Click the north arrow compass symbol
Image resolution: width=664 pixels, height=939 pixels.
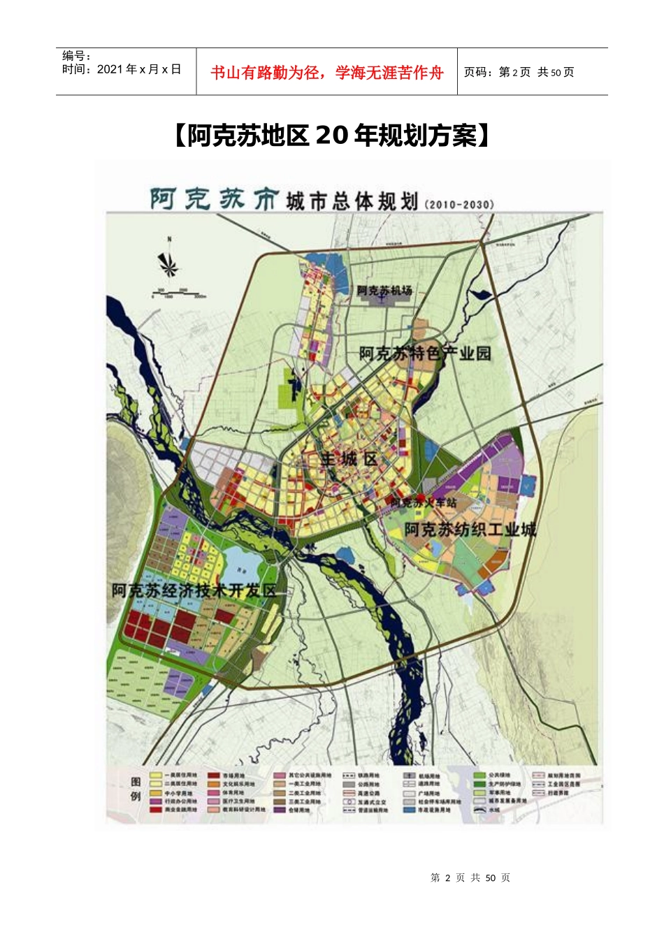[x=168, y=263]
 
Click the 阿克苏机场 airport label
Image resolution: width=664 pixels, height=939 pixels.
[x=384, y=290]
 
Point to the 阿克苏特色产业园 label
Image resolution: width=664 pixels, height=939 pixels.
[x=425, y=354]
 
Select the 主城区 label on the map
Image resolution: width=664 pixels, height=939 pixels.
[x=349, y=459]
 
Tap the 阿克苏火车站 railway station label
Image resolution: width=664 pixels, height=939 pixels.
[x=423, y=502]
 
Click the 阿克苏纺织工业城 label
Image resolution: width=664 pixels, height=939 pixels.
[x=470, y=530]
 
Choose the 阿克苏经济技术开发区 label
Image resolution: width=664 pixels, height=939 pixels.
[x=194, y=590]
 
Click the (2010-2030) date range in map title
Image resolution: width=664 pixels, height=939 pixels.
[x=459, y=205]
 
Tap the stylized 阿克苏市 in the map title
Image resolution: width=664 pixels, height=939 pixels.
[x=215, y=201]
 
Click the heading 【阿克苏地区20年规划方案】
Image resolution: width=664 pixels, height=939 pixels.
[x=331, y=136]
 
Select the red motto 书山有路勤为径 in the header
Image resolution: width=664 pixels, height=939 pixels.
[x=326, y=73]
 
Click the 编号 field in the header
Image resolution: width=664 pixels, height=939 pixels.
[x=77, y=56]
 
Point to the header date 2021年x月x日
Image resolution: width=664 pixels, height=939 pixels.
[x=122, y=69]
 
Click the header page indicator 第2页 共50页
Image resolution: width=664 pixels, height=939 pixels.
[x=519, y=72]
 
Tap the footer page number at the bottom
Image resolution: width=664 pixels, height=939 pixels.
[x=470, y=878]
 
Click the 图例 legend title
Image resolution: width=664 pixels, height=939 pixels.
[x=136, y=789]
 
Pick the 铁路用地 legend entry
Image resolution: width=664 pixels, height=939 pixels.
[x=361, y=776]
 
